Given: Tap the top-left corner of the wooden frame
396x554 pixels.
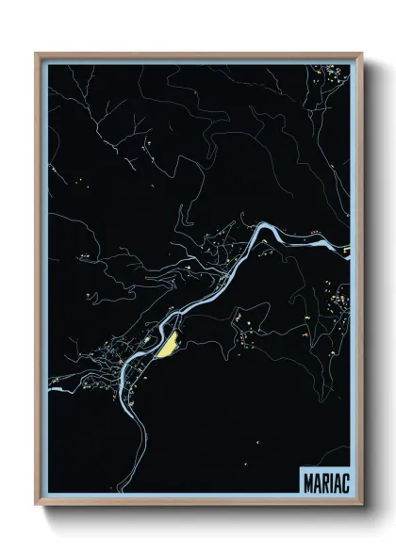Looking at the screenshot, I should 37,54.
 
